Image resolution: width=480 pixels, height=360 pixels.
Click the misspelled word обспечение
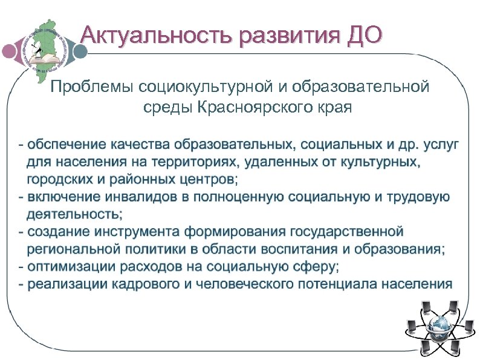pyautogui.click(x=66, y=145)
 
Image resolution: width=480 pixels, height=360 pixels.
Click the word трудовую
pyautogui.click(x=418, y=197)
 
